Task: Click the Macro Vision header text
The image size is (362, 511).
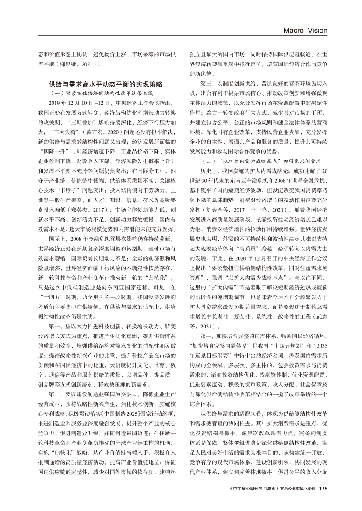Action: click(306, 30)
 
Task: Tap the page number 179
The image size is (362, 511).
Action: click(323, 488)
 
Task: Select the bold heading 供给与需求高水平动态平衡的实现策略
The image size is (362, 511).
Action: click(105, 83)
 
